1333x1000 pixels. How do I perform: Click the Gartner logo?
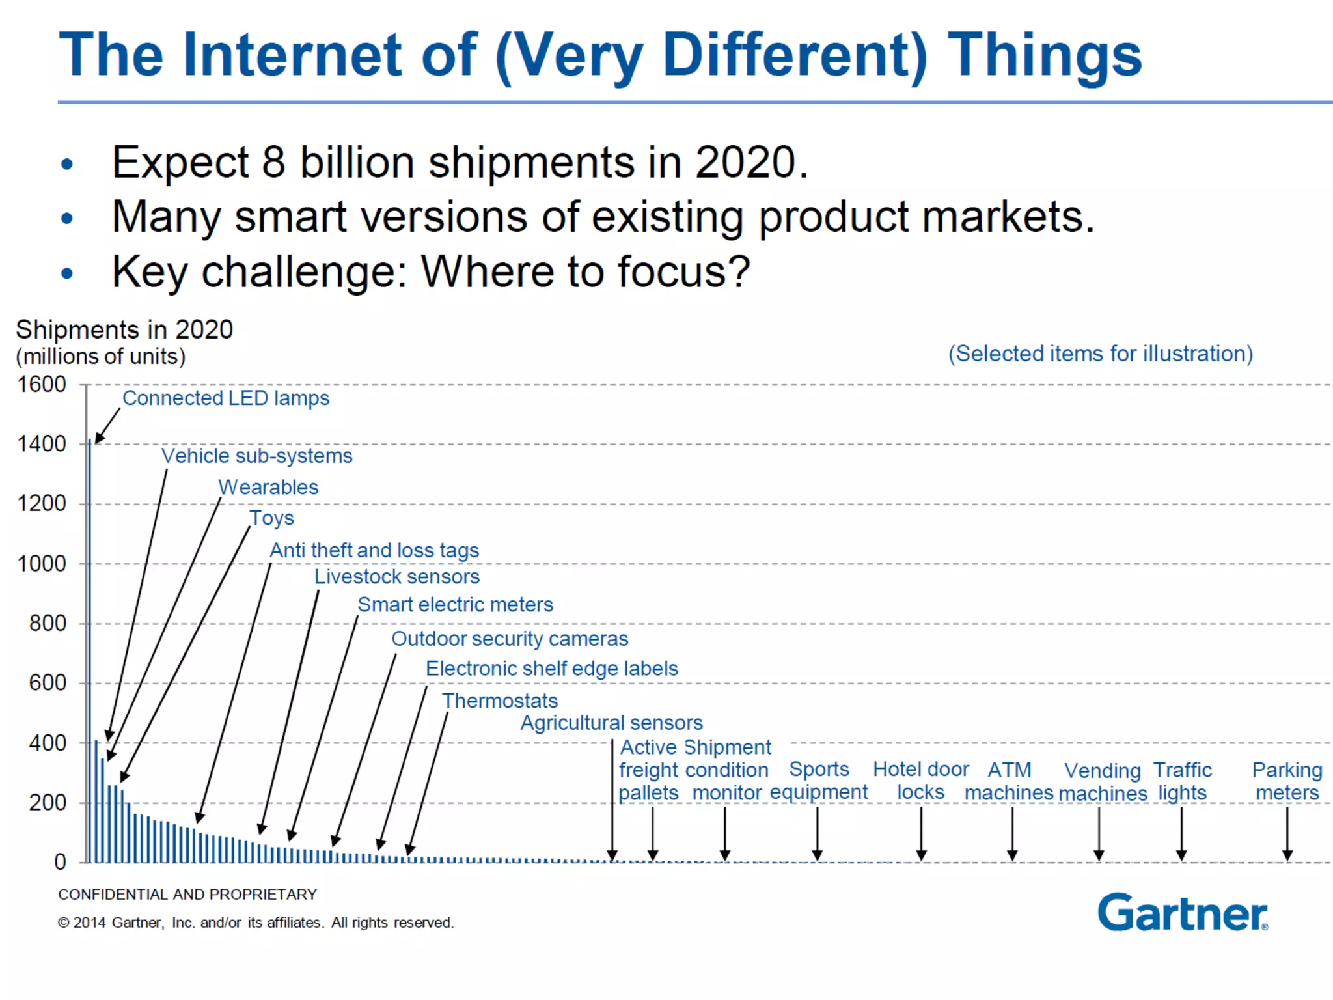coord(1182,913)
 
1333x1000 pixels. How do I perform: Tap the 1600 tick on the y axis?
coord(42,384)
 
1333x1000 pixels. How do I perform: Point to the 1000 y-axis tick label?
coord(42,563)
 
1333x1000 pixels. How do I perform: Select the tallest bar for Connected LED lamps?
coord(90,651)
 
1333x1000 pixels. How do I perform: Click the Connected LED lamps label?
coord(226,398)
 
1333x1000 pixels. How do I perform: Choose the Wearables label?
coord(268,487)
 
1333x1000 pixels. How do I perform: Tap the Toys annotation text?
coord(271,518)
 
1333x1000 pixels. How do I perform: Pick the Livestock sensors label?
coord(397,576)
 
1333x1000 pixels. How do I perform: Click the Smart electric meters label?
coord(456,604)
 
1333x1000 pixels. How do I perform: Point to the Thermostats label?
coord(500,701)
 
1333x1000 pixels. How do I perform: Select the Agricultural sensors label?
coord(612,723)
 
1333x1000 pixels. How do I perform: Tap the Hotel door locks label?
coord(920,781)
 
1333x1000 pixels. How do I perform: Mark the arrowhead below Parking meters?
coord(1287,855)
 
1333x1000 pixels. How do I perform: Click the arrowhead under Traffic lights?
coord(1181,855)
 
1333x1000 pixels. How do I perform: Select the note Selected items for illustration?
coord(1100,354)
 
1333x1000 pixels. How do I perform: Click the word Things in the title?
coord(1044,55)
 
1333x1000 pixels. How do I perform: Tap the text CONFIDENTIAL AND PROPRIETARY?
coord(187,895)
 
